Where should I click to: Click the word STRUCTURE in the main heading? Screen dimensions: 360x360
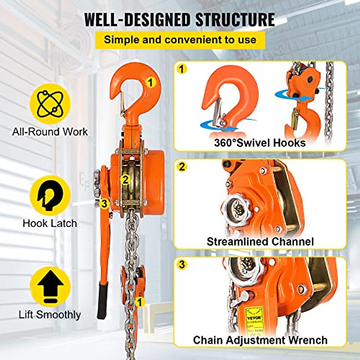click(x=235, y=19)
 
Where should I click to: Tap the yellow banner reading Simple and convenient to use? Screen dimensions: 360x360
click(x=180, y=40)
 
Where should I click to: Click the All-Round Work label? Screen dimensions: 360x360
click(x=50, y=132)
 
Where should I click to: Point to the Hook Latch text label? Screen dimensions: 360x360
click(x=50, y=223)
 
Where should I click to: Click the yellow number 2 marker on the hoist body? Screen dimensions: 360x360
click(x=125, y=179)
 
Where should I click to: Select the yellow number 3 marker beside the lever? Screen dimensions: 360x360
click(x=104, y=204)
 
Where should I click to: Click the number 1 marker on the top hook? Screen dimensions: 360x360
click(x=151, y=82)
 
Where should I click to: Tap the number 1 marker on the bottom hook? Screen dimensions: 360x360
click(x=139, y=302)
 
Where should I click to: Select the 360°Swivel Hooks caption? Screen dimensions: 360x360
click(x=260, y=142)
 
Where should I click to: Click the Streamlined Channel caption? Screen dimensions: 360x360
click(x=260, y=241)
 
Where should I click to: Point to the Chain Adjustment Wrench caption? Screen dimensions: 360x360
click(x=260, y=340)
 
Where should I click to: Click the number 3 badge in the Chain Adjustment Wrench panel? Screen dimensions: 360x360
click(x=182, y=265)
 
